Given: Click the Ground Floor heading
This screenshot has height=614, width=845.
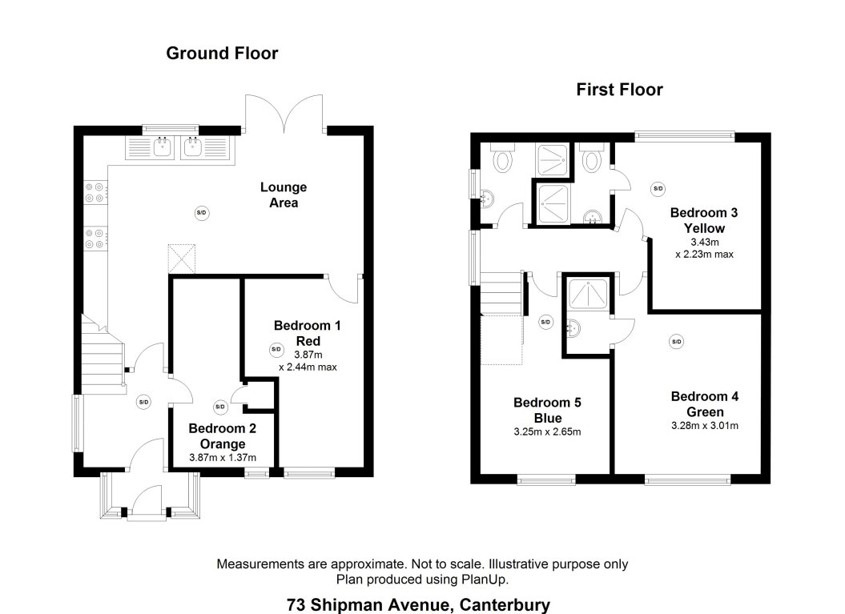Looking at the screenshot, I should [x=222, y=54].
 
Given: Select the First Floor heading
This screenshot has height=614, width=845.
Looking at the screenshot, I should [x=619, y=90].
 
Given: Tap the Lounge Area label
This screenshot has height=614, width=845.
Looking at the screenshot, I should [x=284, y=195].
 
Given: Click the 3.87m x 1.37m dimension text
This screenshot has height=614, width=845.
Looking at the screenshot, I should [x=223, y=458].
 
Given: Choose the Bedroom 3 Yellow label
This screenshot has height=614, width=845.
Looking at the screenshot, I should [x=704, y=220].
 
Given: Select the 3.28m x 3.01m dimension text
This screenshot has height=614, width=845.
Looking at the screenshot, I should [x=705, y=426].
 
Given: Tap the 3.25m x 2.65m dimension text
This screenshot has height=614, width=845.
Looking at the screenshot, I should [x=548, y=432].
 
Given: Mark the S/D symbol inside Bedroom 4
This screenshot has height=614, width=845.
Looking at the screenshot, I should [x=676, y=342].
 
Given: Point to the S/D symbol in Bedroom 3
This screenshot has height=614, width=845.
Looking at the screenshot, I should [x=658, y=189].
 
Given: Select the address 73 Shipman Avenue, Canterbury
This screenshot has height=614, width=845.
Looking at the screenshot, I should [x=418, y=604].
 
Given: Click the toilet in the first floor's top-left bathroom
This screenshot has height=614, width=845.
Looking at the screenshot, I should [x=504, y=160].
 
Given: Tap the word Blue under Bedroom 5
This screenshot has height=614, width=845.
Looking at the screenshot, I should [x=548, y=418].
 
